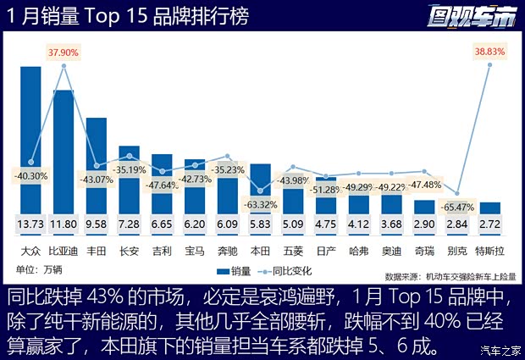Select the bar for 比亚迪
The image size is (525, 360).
pyautogui.click(x=64, y=148)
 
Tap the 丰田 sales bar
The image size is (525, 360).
pyautogui.click(x=97, y=161)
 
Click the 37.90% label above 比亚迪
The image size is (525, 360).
pyautogui.click(x=64, y=52)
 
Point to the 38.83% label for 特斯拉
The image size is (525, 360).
pyautogui.click(x=489, y=52)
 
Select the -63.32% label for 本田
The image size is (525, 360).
pyautogui.click(x=261, y=204)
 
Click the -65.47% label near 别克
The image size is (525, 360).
pyautogui.click(x=457, y=206)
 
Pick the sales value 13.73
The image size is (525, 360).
pyautogui.click(x=30, y=224)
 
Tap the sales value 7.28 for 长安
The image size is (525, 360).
pyautogui.click(x=130, y=224)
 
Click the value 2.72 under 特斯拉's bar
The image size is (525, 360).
pyautogui.click(x=489, y=224)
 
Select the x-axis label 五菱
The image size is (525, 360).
pyautogui.click(x=293, y=251)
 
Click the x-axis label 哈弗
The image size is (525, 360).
pyautogui.click(x=359, y=251)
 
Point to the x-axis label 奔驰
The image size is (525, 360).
pyautogui.click(x=228, y=251)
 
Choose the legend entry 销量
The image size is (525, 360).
pyautogui.click(x=237, y=271)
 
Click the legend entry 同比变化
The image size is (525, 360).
pyautogui.click(x=293, y=271)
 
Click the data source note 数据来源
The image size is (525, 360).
pyautogui.click(x=449, y=275)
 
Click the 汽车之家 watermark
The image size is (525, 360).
pyautogui.click(x=500, y=351)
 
